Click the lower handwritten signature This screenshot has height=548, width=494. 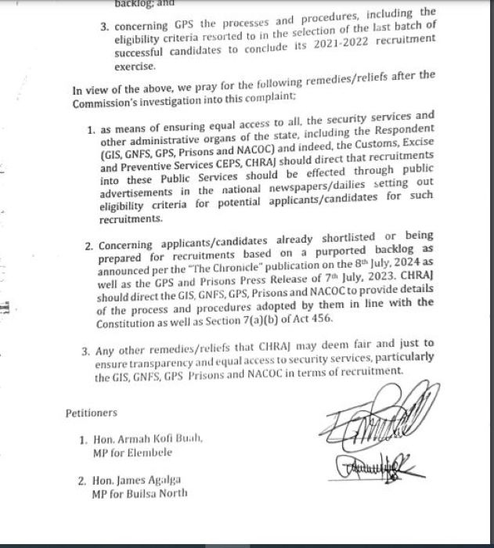(375, 471)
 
